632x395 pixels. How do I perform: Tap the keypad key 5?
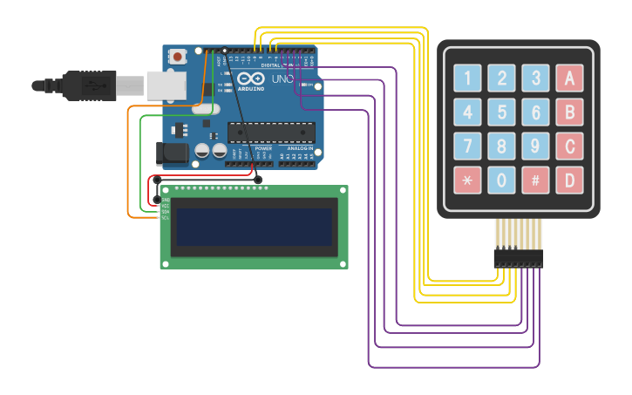pos(501,112)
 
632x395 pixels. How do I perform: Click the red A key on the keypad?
pos(569,78)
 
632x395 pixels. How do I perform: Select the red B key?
pos(569,112)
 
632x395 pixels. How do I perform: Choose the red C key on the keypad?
pos(569,146)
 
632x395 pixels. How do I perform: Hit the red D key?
pos(569,180)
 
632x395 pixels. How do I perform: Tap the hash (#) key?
pos(535,180)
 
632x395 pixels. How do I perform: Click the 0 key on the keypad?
pos(501,180)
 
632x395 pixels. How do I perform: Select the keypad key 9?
pos(535,146)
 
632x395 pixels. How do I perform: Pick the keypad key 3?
pos(535,78)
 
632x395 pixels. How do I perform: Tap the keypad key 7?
pos(467,146)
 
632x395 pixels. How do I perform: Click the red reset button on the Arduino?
pos(178,57)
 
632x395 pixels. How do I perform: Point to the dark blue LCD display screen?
pos(254,227)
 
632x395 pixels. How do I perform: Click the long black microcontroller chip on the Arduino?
pos(270,132)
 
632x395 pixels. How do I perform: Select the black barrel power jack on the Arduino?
pos(171,153)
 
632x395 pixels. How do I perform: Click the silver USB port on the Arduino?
pos(166,85)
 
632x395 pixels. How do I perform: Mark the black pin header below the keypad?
pos(518,258)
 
